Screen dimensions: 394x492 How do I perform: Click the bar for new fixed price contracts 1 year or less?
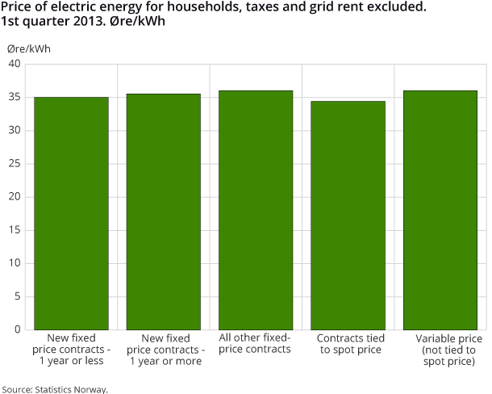click(71, 213)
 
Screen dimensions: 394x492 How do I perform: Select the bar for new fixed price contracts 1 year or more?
click(164, 212)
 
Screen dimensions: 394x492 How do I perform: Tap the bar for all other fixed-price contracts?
click(256, 210)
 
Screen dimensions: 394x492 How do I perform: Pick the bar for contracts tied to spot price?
click(348, 215)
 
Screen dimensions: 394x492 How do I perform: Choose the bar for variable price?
click(440, 210)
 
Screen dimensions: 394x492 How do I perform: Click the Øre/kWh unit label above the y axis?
click(29, 48)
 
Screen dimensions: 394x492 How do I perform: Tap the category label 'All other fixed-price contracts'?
click(255, 344)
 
